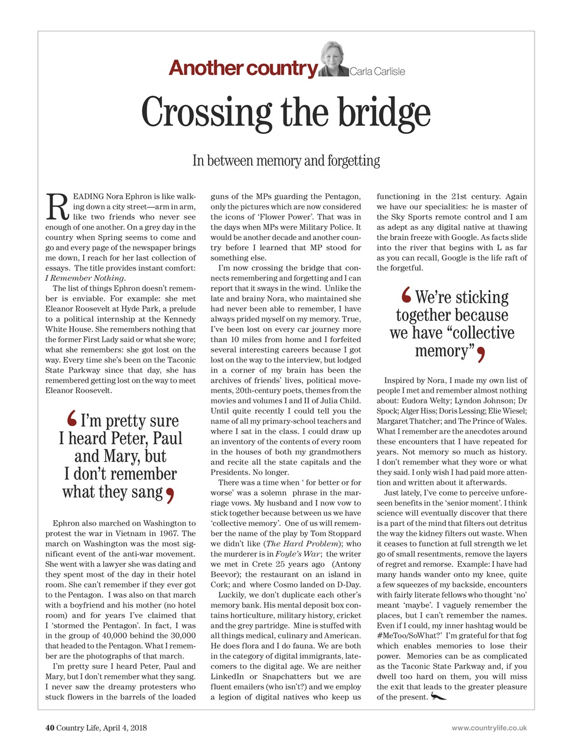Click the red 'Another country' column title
[x=243, y=69]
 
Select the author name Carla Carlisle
[x=377, y=72]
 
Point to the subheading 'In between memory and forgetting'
[x=286, y=160]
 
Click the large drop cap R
[x=55, y=207]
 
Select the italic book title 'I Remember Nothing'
[x=85, y=278]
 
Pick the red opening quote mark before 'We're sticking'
[x=406, y=295]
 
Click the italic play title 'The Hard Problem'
[x=298, y=544]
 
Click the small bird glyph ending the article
[x=438, y=697]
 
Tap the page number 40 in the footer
[x=50, y=728]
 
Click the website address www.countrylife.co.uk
[x=489, y=728]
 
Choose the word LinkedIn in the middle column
[x=227, y=677]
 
